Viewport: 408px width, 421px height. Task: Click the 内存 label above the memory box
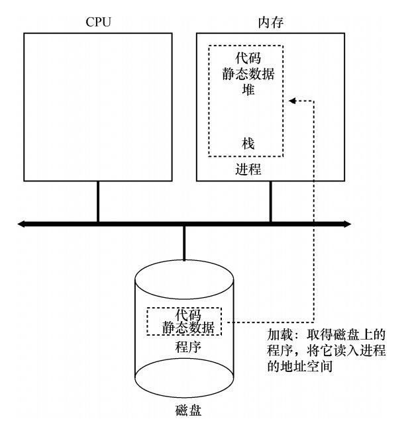(x=270, y=21)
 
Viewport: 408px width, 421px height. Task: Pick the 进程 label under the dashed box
(x=248, y=169)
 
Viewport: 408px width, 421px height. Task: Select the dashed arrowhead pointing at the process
(x=291, y=101)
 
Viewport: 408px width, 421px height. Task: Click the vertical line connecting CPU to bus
(x=98, y=202)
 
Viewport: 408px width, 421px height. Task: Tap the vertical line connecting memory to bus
(x=270, y=202)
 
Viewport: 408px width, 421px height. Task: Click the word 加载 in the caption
(x=278, y=335)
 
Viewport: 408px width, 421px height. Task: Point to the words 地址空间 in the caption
(x=315, y=365)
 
